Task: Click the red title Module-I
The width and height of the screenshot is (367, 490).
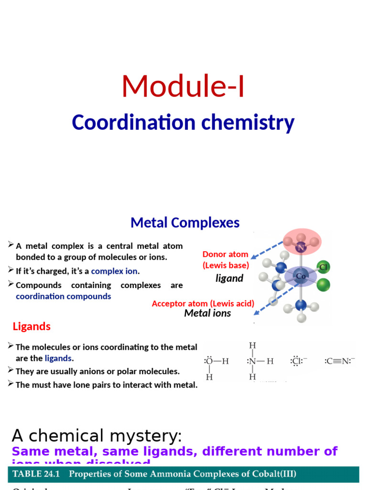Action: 183,86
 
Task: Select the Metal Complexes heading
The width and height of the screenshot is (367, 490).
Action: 185,223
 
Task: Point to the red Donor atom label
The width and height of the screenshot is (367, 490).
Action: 225,254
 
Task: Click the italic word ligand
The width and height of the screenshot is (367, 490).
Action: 229,278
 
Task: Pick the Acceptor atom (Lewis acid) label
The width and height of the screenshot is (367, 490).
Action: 203,303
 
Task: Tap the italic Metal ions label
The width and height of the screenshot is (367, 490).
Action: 207,313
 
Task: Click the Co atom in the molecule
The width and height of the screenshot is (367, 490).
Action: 301,276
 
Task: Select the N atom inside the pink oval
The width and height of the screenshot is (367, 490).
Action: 301,248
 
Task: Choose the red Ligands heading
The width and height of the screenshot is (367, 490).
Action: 32,327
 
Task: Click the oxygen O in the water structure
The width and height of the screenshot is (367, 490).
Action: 209,361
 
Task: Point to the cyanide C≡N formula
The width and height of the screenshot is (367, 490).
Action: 340,361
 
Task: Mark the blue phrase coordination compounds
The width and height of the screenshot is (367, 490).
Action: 63,296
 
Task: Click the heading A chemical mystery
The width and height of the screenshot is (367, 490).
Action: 97,436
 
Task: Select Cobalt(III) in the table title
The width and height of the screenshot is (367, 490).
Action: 272,474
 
